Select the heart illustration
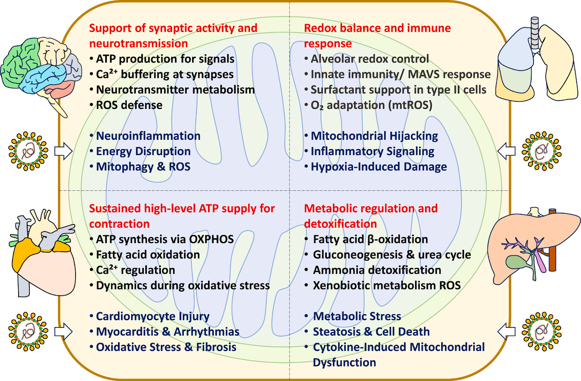click(x=44, y=254)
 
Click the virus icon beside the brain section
click(x=28, y=151)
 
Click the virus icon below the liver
click(x=541, y=331)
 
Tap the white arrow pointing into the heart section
click(x=63, y=332)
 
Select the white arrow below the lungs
click(x=506, y=151)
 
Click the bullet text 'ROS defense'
click(x=129, y=105)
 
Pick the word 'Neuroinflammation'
click(x=148, y=136)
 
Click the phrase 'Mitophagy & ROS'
click(x=143, y=167)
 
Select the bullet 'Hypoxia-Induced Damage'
click(x=379, y=167)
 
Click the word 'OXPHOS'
click(x=211, y=239)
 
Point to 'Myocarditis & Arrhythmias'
click(x=167, y=332)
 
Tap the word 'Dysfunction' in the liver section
click(x=344, y=362)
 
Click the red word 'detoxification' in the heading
click(x=341, y=224)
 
